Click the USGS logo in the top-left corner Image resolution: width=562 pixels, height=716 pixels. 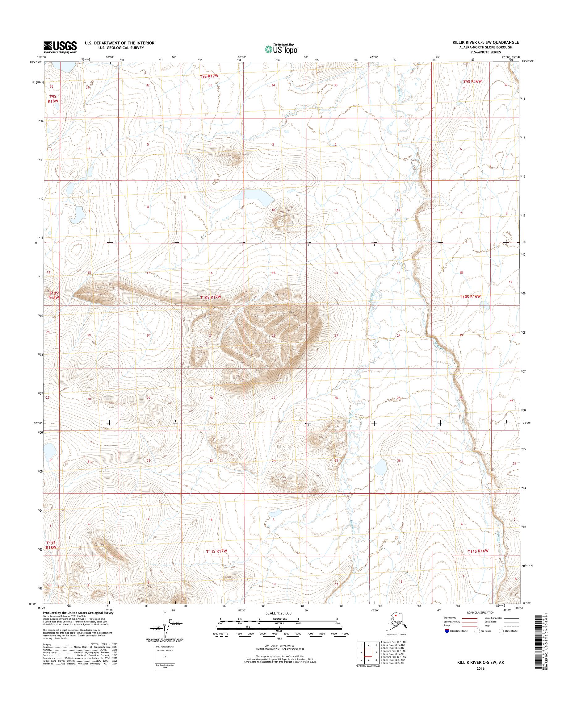tap(60, 47)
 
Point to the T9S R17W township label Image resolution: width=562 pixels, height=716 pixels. tap(209, 76)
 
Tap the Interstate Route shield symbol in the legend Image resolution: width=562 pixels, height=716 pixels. tap(447, 631)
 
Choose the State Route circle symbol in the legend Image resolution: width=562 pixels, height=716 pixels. tap(501, 631)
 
